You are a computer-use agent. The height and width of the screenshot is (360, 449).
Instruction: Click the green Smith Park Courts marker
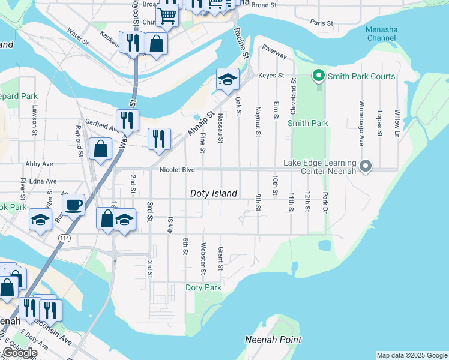(x=319, y=76)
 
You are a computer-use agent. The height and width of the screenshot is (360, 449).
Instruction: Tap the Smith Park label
(x=308, y=123)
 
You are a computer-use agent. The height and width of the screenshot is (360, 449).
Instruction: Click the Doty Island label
(x=214, y=193)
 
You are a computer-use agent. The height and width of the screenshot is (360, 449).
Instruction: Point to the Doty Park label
(x=203, y=288)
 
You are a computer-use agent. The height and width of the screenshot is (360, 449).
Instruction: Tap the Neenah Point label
(x=273, y=340)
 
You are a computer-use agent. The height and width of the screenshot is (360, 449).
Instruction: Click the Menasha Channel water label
(x=381, y=34)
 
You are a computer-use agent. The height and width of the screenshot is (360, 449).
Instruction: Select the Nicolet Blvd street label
(x=177, y=170)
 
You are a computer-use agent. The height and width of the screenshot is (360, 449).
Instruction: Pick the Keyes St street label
(x=270, y=76)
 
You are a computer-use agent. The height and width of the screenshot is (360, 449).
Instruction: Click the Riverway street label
(x=274, y=53)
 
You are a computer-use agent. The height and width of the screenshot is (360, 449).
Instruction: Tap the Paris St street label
(x=322, y=22)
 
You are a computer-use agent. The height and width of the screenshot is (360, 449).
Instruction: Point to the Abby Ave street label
(x=40, y=164)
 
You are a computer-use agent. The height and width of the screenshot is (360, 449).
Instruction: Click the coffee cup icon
(x=73, y=205)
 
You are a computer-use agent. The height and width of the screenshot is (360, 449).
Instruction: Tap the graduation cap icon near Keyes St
(x=228, y=79)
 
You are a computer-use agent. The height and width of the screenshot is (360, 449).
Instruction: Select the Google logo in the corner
(x=19, y=353)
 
